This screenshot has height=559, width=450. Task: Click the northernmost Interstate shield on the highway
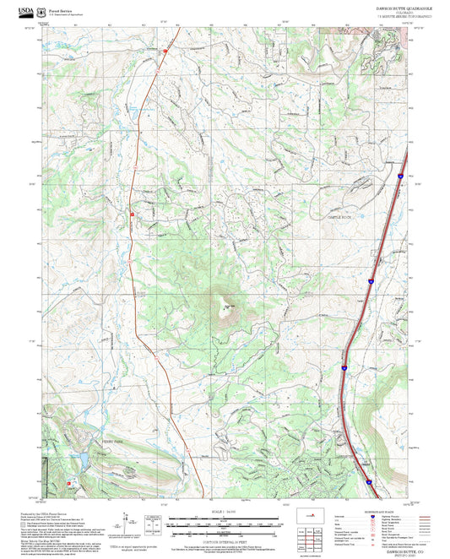399,176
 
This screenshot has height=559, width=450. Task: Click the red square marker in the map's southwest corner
68,483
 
